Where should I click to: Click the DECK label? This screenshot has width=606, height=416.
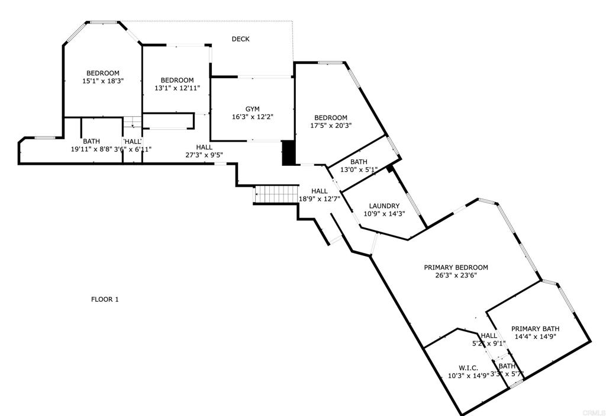click(240, 39)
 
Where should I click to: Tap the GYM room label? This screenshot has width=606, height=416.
click(253, 109)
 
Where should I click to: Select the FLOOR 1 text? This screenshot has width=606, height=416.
click(105, 299)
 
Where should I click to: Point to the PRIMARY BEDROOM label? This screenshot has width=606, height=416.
click(456, 267)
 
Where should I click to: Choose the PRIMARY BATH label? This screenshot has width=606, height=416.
click(535, 329)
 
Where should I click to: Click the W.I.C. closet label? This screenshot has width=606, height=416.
click(468, 368)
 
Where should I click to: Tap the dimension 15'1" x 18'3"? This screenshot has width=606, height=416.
click(103, 81)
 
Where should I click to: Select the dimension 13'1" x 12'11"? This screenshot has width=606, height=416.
click(177, 88)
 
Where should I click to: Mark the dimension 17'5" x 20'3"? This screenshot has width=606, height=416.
click(331, 126)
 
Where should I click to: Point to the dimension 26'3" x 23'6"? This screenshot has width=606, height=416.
click(456, 275)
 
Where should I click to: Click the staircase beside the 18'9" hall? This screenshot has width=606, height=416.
click(275, 194)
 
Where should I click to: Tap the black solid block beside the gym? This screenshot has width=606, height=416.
click(289, 152)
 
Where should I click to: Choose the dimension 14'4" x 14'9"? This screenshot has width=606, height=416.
click(535, 337)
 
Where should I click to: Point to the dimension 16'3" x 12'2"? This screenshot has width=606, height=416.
click(253, 117)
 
